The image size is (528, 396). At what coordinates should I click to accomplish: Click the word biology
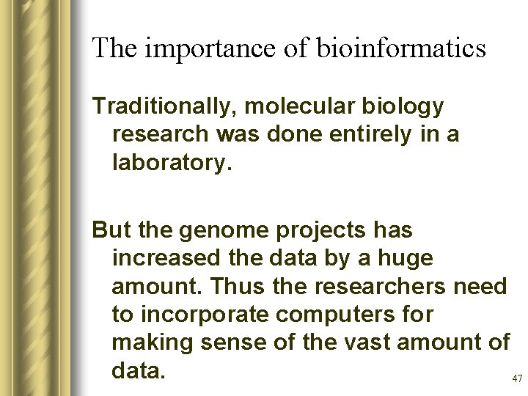pyautogui.click(x=401, y=107)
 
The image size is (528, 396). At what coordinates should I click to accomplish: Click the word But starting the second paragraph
pyautogui.click(x=111, y=230)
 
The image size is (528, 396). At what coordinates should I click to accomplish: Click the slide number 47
pyautogui.click(x=516, y=379)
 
